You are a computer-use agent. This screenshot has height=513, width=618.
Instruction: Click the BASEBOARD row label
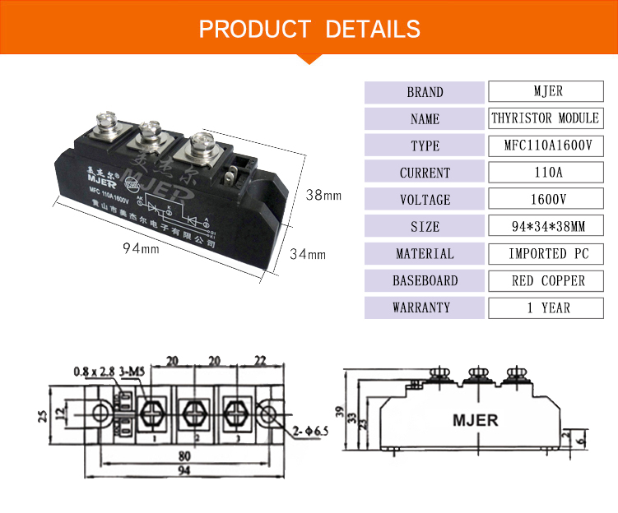point(425,280)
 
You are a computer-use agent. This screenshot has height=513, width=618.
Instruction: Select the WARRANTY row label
point(425,307)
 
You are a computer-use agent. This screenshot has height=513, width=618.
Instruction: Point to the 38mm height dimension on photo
point(323,196)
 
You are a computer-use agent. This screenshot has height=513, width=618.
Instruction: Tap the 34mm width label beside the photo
point(308,255)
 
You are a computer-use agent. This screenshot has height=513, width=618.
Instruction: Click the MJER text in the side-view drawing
point(475,420)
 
